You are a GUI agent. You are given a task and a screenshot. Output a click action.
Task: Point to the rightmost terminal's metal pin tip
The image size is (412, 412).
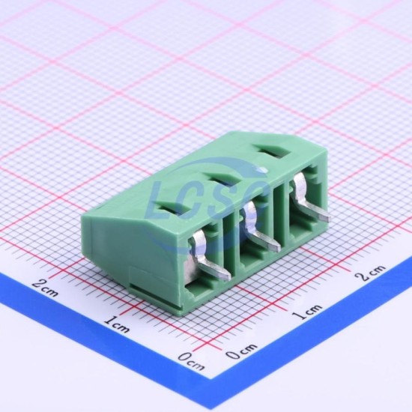click(326, 217)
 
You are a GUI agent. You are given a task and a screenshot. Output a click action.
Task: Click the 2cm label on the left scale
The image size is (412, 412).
click(45, 288)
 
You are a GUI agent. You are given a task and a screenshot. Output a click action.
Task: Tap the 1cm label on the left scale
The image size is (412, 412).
click(117, 324)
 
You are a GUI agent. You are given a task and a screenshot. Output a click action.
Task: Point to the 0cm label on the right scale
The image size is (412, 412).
click(242, 351)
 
